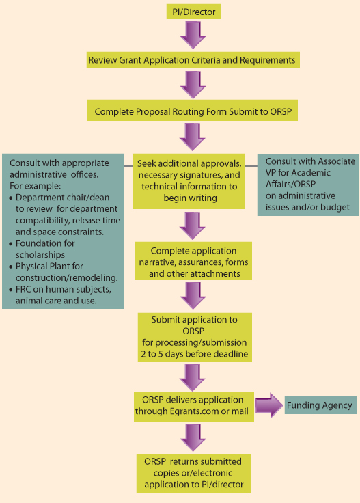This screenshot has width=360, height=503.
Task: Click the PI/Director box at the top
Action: (193, 12)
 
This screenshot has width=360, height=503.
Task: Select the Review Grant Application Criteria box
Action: (193, 60)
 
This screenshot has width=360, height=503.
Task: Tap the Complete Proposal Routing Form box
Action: (193, 111)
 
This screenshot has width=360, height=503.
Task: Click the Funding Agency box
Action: (320, 405)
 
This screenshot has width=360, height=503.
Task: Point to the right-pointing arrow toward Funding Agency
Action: (269, 405)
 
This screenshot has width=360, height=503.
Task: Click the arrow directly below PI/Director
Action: (193, 35)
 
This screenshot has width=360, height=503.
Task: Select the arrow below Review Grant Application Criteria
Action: (193, 85)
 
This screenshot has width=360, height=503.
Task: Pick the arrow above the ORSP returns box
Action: (193, 438)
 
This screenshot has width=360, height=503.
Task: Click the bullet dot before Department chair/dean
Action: (11, 198)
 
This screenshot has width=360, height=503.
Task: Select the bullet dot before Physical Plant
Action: (11, 267)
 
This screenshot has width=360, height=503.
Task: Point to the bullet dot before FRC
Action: (11, 290)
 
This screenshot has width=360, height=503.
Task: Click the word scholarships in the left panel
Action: (40, 255)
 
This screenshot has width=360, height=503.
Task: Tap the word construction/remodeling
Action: (67, 277)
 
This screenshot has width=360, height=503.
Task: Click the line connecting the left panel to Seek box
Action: (128, 166)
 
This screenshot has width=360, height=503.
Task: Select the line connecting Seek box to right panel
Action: (251, 166)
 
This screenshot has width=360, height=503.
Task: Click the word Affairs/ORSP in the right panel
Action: (290, 184)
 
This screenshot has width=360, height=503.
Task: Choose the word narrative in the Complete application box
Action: (156, 262)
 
